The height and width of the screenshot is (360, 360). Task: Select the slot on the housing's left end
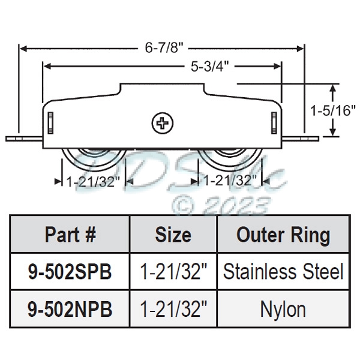[50, 124]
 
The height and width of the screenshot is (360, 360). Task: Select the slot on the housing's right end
[274, 122]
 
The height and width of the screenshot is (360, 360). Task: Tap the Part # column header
[70, 235]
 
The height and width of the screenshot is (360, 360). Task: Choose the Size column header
[173, 235]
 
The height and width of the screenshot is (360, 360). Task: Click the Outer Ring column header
[283, 235]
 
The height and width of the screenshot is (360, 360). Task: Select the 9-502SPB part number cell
[70, 272]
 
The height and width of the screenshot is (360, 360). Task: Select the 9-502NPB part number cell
[70, 309]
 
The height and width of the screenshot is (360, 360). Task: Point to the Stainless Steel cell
[283, 272]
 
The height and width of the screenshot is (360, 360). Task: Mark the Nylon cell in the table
[283, 309]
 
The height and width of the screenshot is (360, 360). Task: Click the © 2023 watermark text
[219, 206]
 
